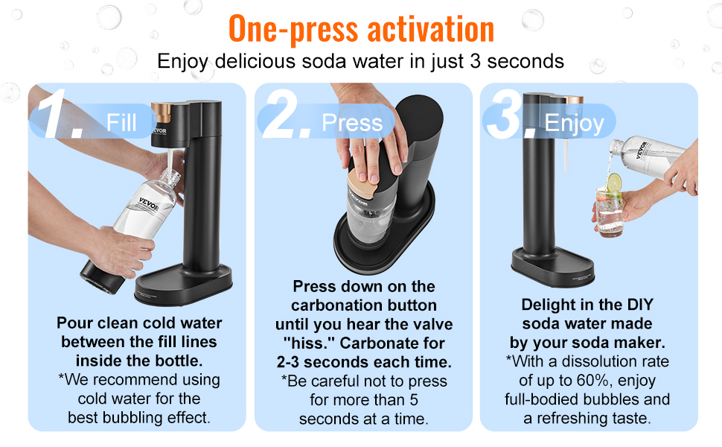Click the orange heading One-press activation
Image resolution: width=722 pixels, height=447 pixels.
361,28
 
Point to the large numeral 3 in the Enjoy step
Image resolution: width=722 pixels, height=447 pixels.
510,118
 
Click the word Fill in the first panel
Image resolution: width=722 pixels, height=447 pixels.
121,122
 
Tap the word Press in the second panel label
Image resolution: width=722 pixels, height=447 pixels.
352,123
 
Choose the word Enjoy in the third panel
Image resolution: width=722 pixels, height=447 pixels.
574,123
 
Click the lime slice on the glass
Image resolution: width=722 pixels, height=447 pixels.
613,183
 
